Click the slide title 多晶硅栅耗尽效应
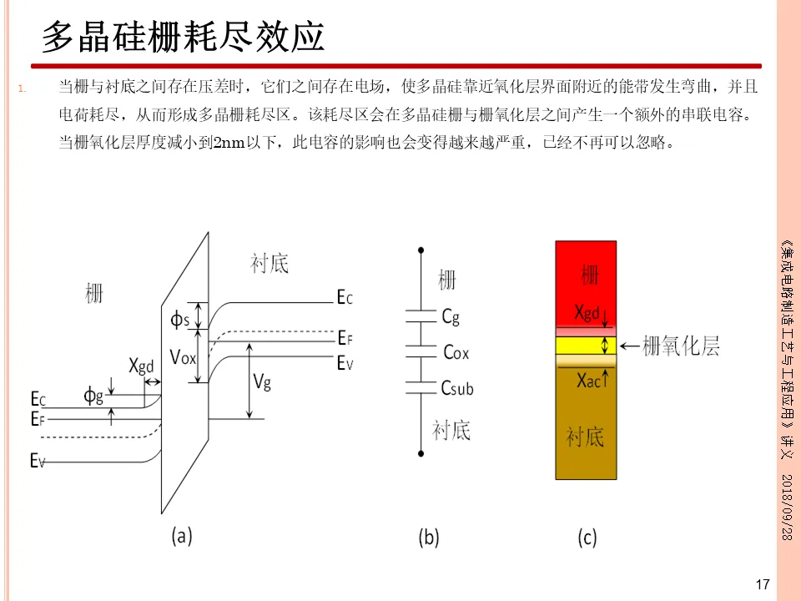(x=184, y=37)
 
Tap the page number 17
(x=761, y=584)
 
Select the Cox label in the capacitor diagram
(x=456, y=353)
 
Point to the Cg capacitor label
(x=451, y=316)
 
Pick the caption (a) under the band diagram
(x=182, y=535)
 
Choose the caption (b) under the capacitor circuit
(x=428, y=538)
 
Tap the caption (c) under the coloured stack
(x=587, y=538)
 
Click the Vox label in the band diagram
(x=184, y=357)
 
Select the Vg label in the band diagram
(x=262, y=382)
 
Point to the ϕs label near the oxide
(x=180, y=319)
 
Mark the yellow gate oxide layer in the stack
(x=586, y=345)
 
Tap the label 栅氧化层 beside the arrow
(x=681, y=346)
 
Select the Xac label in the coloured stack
(x=589, y=379)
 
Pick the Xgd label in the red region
(x=587, y=313)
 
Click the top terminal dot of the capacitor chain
(x=421, y=248)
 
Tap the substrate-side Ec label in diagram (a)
(x=345, y=297)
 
